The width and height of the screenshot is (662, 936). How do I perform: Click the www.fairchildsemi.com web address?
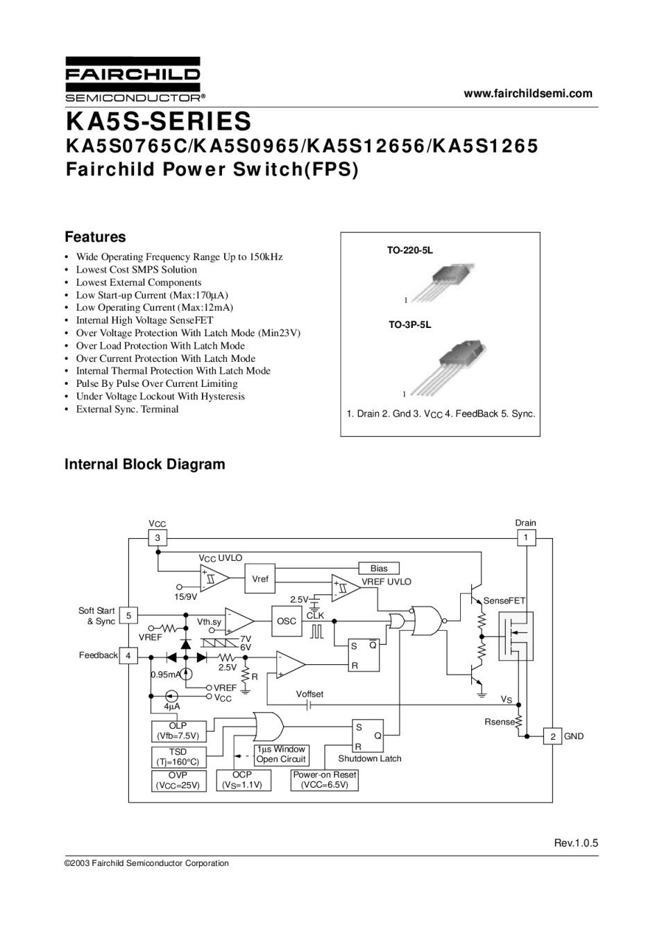coord(528,94)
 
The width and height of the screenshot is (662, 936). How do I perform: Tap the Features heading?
coord(95,237)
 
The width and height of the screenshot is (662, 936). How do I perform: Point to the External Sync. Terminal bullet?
coord(127,409)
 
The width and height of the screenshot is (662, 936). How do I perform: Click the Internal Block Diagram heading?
coord(144,465)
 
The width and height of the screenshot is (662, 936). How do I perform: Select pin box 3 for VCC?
coord(158,538)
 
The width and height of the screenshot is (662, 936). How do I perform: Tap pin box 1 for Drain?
coord(525,537)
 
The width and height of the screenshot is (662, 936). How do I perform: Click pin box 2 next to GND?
coord(552,736)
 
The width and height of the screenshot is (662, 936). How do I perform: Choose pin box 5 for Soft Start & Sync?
coord(128,616)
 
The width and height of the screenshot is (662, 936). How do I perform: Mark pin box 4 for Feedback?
coord(128,655)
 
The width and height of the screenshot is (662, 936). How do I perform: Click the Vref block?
coord(260,579)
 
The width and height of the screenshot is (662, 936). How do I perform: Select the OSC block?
coord(287,621)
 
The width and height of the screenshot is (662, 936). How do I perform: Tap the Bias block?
coord(379,569)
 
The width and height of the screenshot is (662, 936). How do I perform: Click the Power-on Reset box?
coord(325,780)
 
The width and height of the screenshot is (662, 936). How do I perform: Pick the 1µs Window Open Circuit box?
coord(280,754)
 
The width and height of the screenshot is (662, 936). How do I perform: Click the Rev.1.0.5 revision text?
coord(575,843)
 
